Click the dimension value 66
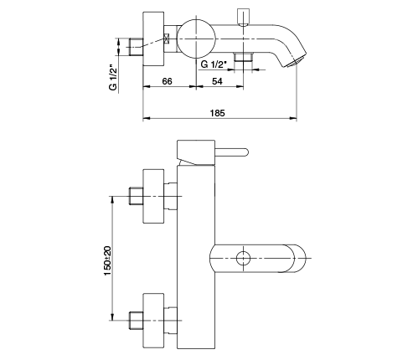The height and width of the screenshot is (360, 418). pyautogui.click(x=167, y=81)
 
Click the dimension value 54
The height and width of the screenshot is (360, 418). pyautogui.click(x=217, y=81)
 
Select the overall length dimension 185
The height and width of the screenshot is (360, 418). pyautogui.click(x=217, y=113)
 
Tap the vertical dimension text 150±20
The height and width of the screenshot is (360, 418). pyautogui.click(x=108, y=260)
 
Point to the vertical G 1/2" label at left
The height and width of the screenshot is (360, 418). pyautogui.click(x=113, y=78)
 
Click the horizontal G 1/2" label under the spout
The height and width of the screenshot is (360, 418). pyautogui.click(x=213, y=64)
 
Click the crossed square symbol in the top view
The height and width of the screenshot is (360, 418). pyautogui.click(x=167, y=39)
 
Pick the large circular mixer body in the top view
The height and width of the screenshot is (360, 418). pyautogui.click(x=197, y=39)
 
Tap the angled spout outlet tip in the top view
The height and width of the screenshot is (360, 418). pyautogui.click(x=296, y=61)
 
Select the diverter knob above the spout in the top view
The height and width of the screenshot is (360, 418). pyautogui.click(x=243, y=18)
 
